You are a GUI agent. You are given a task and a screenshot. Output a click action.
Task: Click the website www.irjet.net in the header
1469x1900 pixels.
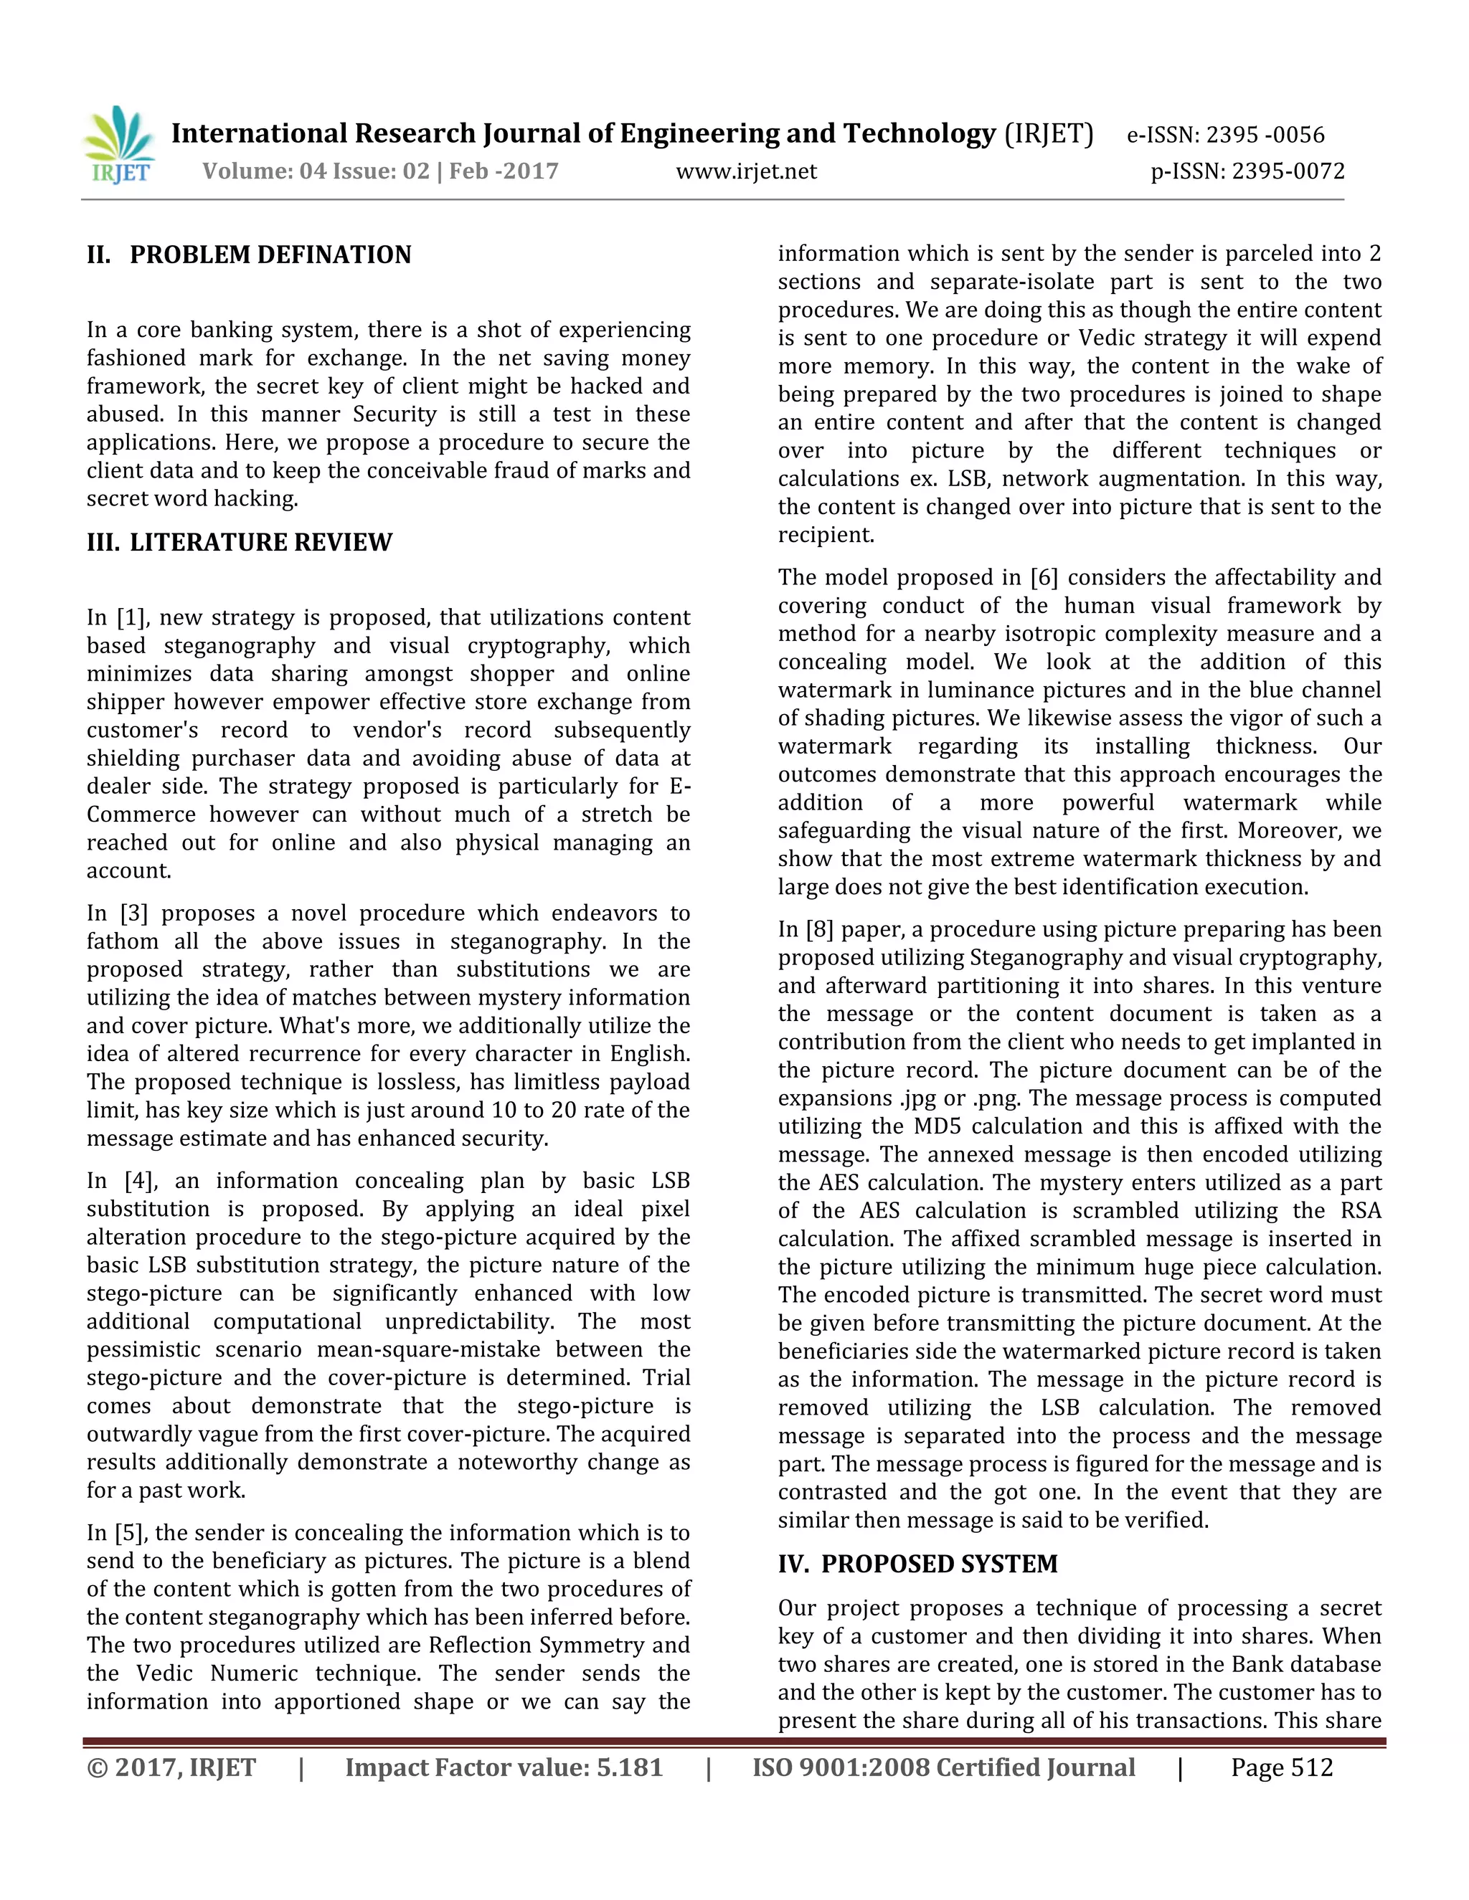[746, 171]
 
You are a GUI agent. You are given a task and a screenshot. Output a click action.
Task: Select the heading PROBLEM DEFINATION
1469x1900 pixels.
[270, 255]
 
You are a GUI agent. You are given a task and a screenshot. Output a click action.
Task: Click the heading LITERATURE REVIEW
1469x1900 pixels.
[260, 542]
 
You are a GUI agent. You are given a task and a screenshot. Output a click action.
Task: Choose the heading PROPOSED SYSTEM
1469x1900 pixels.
[939, 1563]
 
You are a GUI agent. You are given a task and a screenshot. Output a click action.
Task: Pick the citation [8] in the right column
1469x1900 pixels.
[819, 929]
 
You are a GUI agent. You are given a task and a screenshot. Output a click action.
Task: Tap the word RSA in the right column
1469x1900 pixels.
[1359, 1210]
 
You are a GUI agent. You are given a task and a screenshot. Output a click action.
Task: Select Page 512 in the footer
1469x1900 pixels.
[1281, 1768]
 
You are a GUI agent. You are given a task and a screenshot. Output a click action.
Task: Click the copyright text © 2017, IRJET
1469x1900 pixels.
[171, 1768]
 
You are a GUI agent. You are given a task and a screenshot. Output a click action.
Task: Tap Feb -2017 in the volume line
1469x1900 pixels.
[503, 171]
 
